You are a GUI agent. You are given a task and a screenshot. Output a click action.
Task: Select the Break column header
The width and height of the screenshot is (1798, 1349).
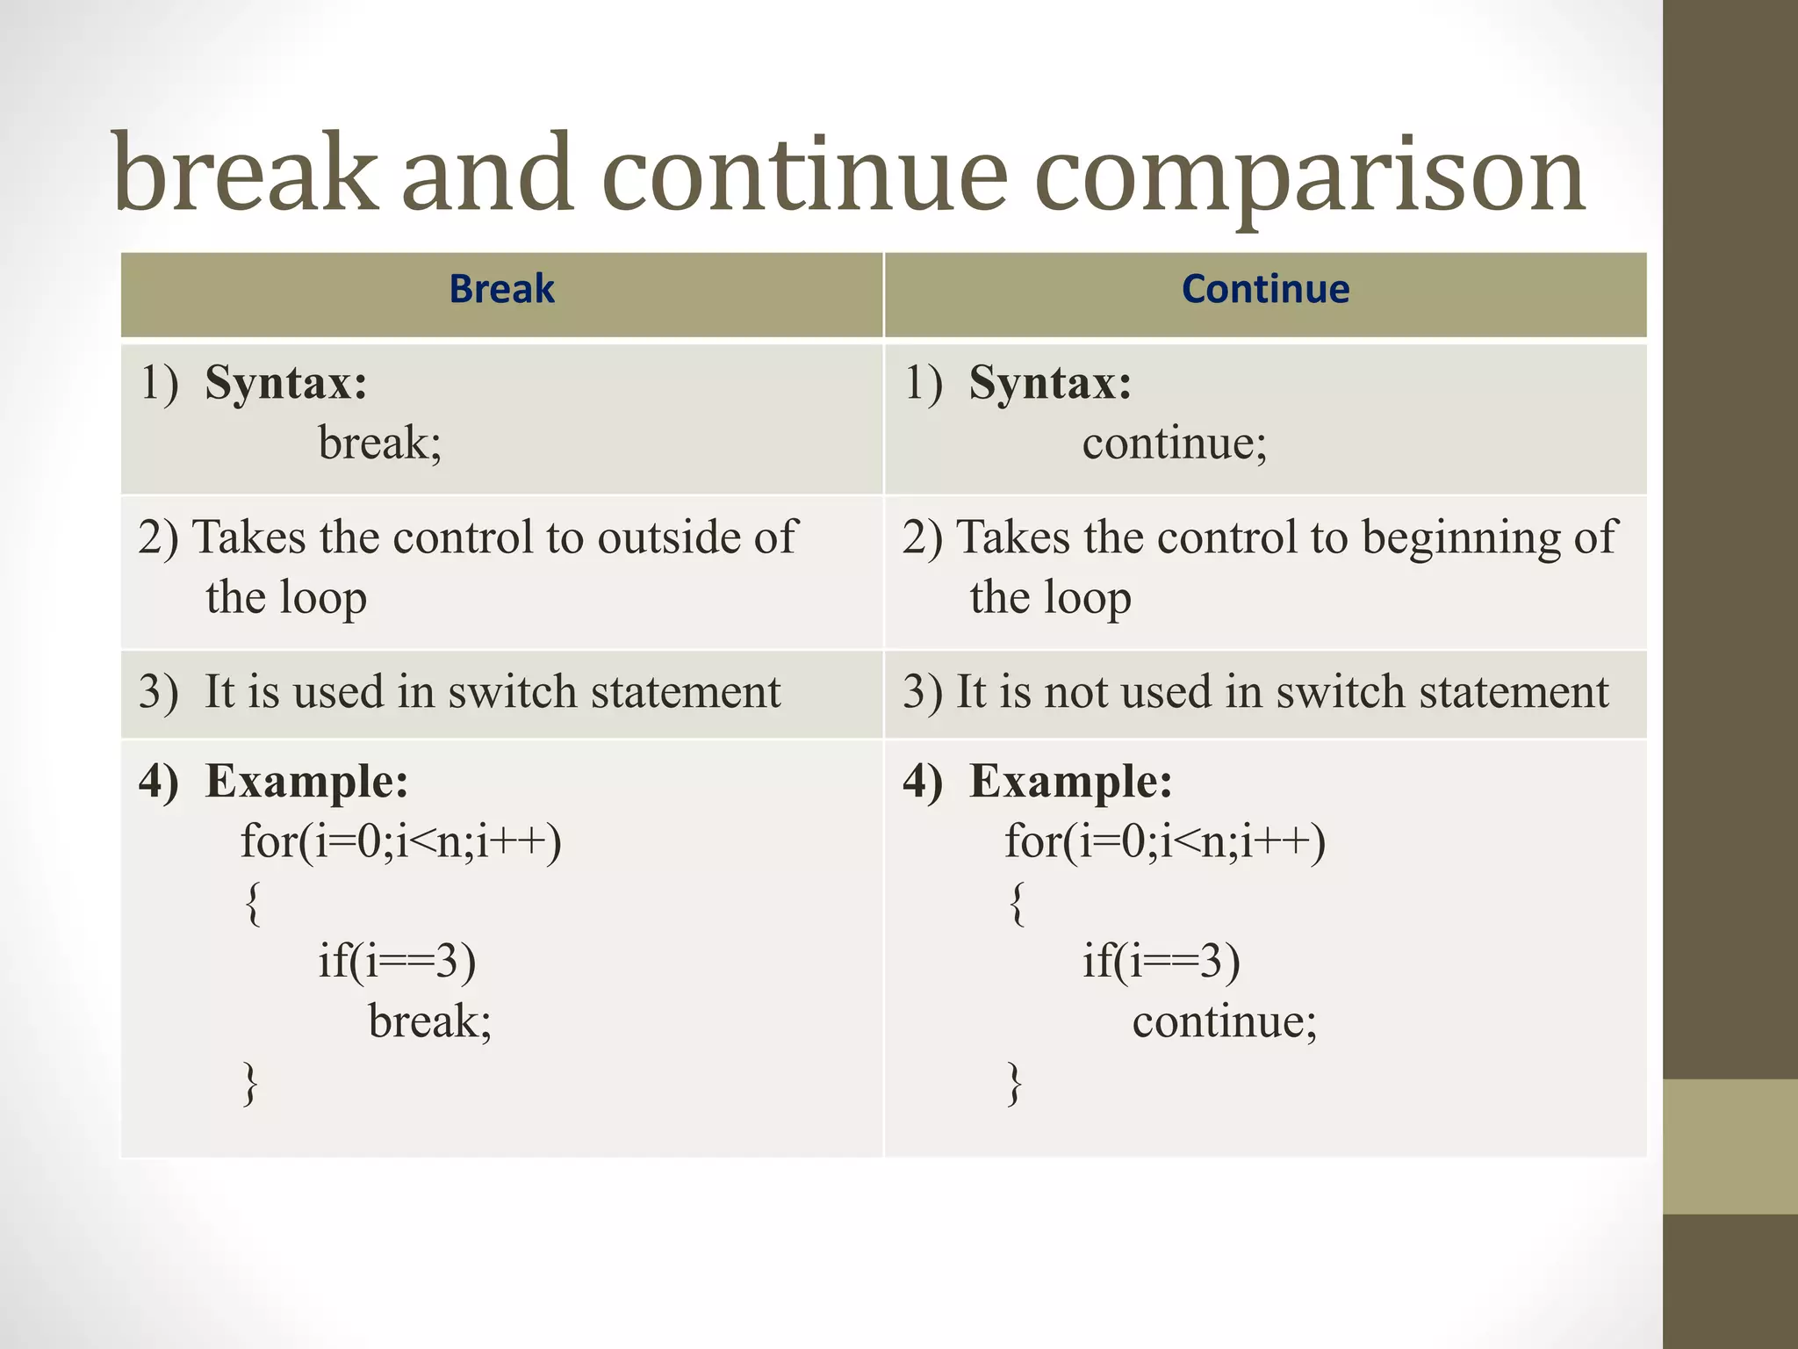pyautogui.click(x=501, y=290)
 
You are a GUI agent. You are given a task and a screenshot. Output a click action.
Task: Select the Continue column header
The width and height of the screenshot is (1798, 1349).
pyautogui.click(x=1265, y=290)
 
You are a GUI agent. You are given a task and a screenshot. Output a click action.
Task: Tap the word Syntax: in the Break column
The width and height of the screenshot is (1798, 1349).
pyautogui.click(x=286, y=384)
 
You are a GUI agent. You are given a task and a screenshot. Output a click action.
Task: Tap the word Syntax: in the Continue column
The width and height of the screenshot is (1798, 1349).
pyautogui.click(x=1050, y=384)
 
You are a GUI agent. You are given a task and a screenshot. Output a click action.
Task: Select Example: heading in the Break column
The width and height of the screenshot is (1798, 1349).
pyautogui.click(x=306, y=782)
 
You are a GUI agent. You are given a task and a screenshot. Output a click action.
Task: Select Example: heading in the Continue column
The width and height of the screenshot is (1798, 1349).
pyautogui.click(x=1070, y=782)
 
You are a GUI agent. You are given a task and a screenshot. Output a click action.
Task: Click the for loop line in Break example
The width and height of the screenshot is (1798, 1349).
pyautogui.click(x=401, y=842)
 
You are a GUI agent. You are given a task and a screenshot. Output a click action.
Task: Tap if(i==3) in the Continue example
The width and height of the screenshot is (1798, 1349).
pyautogui.click(x=1161, y=962)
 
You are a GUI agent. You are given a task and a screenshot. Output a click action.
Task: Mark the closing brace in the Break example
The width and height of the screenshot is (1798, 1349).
pyautogui.click(x=251, y=1084)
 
